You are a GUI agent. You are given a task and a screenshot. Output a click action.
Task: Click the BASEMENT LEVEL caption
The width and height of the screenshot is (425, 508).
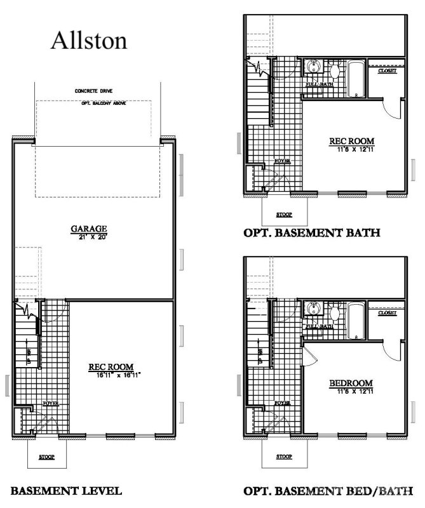66,491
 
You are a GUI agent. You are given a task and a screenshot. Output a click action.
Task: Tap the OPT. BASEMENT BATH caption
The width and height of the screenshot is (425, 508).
312,233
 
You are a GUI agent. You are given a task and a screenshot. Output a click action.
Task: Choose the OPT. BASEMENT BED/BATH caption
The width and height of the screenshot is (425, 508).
328,491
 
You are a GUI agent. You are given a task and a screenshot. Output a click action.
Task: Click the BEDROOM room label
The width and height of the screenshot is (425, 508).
351,383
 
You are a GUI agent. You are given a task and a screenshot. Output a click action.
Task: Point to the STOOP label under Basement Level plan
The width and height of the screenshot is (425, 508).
46,457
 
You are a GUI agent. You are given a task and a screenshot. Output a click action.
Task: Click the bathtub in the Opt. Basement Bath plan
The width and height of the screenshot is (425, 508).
355,79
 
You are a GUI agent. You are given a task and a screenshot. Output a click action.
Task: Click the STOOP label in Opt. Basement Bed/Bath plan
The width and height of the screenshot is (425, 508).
283,457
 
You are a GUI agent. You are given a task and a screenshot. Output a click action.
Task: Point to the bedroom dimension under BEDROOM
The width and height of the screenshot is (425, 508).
351,392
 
